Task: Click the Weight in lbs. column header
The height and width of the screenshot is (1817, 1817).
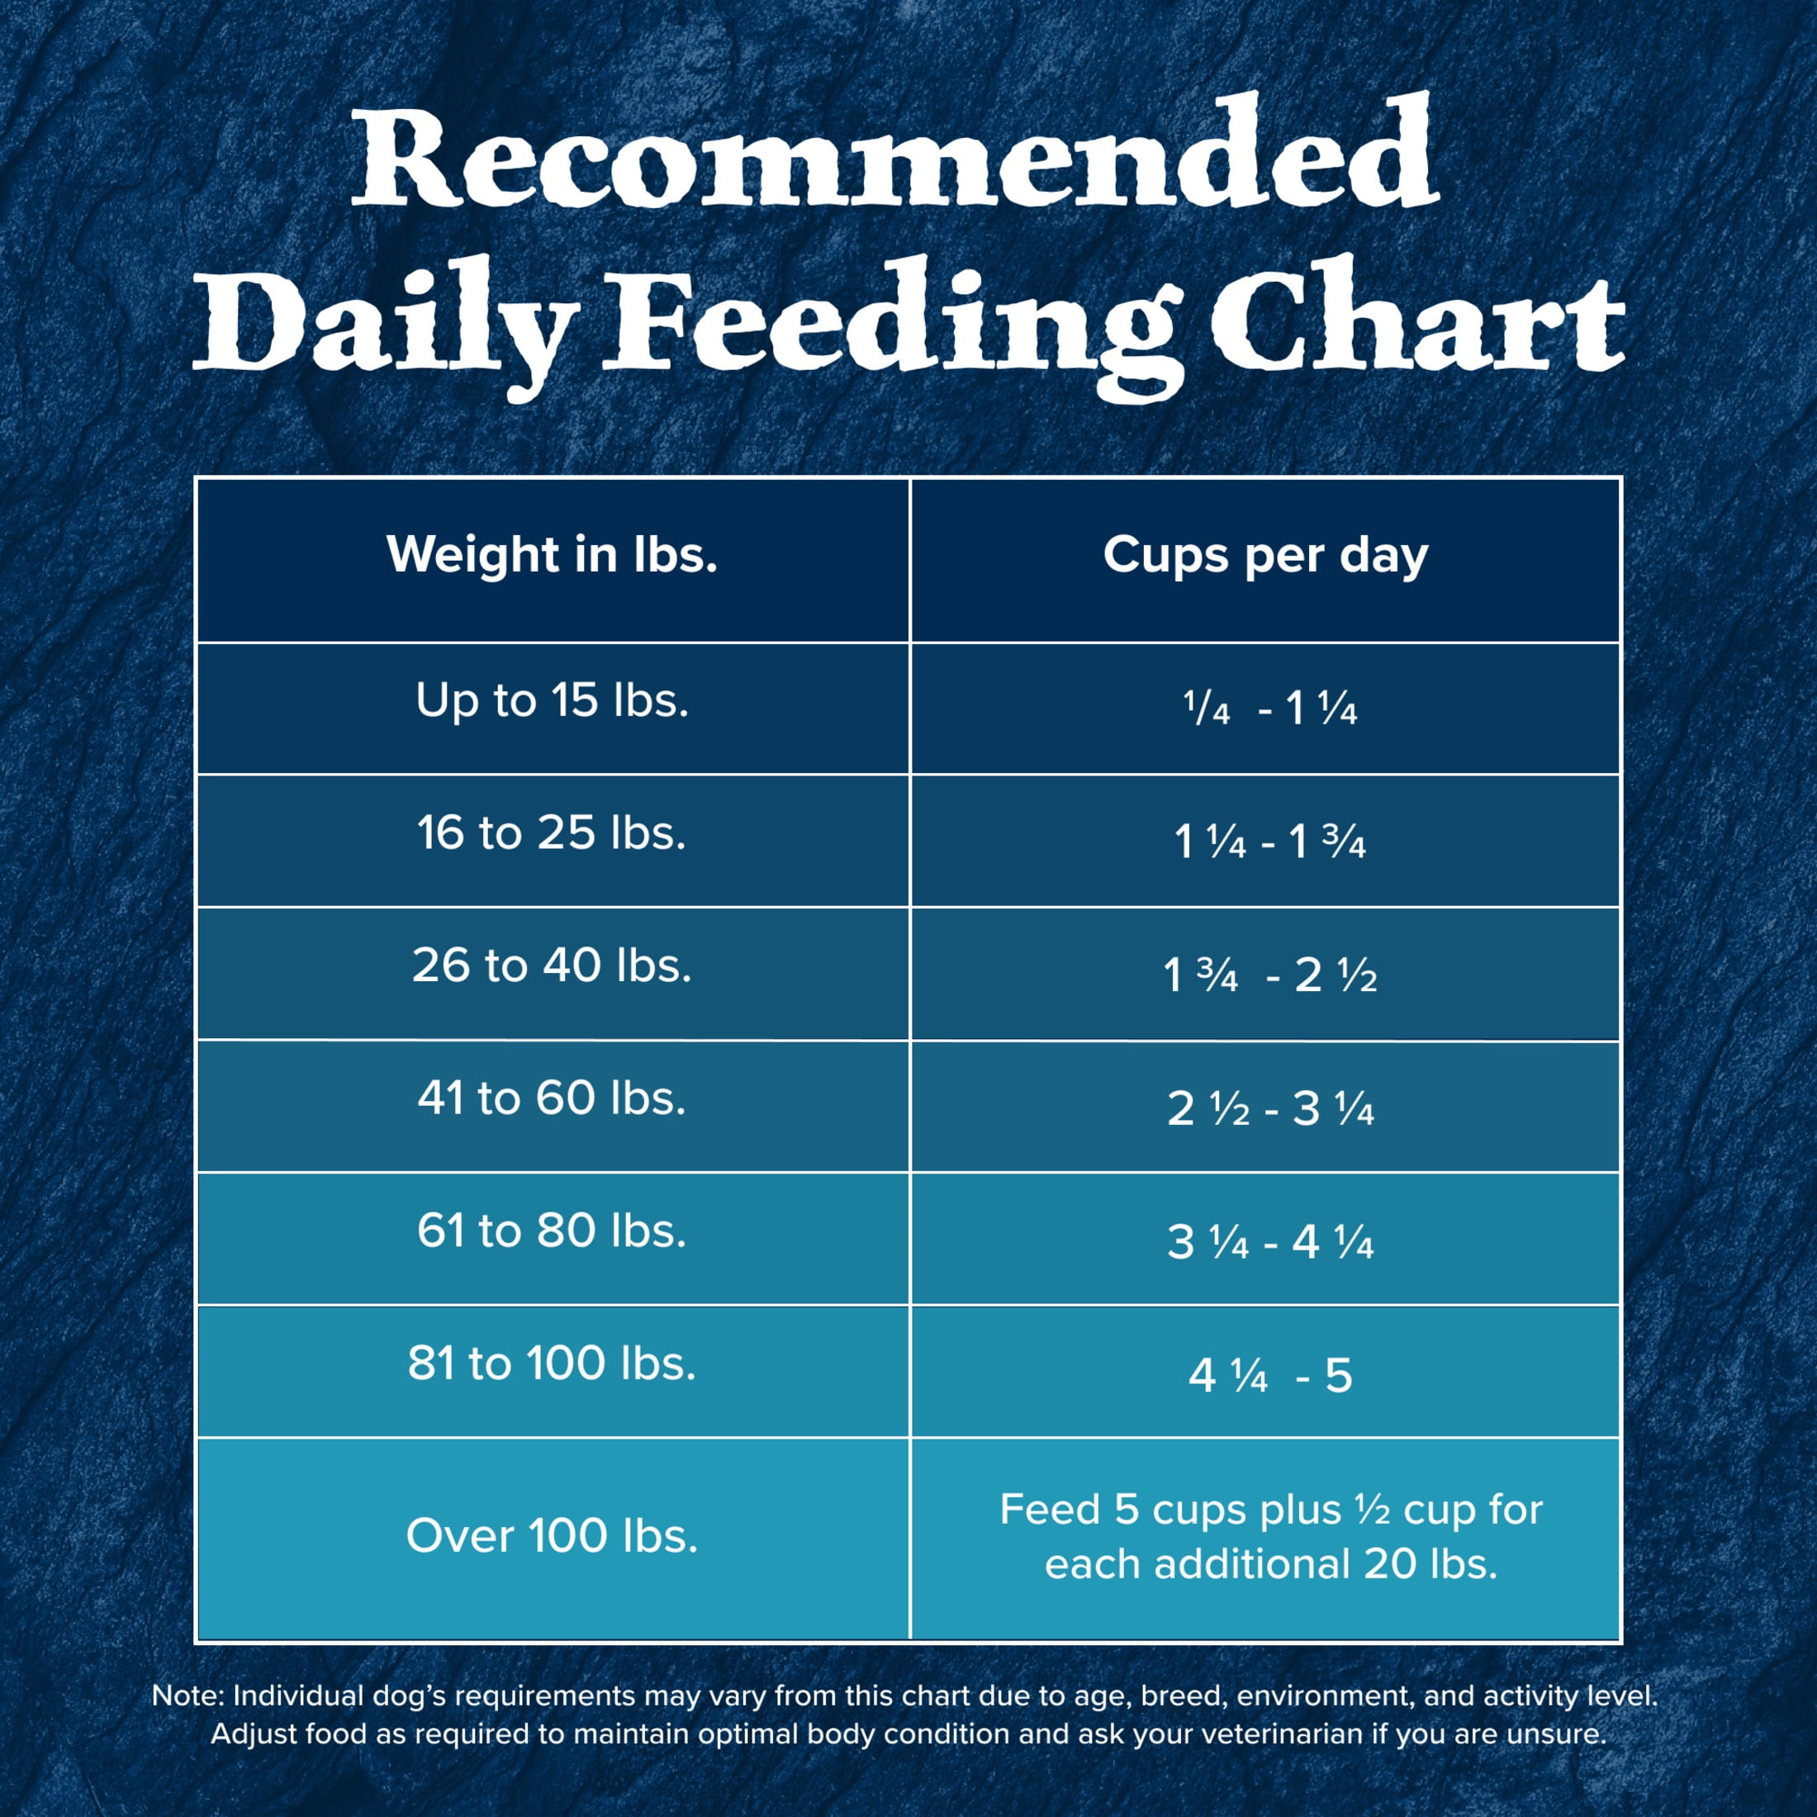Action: [x=552, y=555]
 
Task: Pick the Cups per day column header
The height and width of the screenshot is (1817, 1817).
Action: [x=1265, y=555]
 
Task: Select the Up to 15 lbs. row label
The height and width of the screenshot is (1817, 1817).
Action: [x=552, y=700]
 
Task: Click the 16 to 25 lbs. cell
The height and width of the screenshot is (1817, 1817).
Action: [x=552, y=833]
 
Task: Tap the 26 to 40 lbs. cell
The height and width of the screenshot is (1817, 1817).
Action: [x=552, y=965]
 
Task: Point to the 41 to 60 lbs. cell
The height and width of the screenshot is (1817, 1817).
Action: [x=552, y=1098]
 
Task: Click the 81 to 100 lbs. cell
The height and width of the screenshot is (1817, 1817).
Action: [x=552, y=1364]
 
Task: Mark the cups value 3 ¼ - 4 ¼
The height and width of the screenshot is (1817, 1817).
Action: [x=1269, y=1242]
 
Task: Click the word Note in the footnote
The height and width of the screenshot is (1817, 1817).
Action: [x=185, y=1696]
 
